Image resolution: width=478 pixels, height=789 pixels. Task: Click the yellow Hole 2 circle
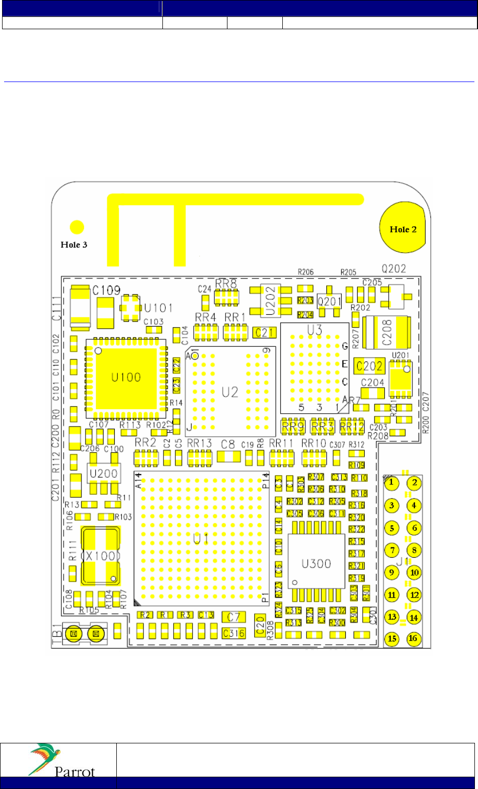pyautogui.click(x=403, y=228)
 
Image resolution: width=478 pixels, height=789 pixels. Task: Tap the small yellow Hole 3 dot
pyautogui.click(x=77, y=227)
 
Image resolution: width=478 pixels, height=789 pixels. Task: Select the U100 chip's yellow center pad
pyautogui.click(x=126, y=377)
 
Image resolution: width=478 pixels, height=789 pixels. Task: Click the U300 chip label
pyautogui.click(x=316, y=563)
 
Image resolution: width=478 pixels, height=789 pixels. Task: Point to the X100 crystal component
pyautogui.click(x=101, y=556)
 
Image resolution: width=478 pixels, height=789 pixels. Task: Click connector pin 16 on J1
pyautogui.click(x=413, y=638)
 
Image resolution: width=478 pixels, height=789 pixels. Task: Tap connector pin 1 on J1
pyautogui.click(x=391, y=482)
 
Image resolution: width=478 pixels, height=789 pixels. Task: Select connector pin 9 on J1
pyautogui.click(x=391, y=573)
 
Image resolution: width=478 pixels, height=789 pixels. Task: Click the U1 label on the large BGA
pyautogui.click(x=201, y=538)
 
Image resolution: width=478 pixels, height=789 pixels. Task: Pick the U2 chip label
pyautogui.click(x=230, y=392)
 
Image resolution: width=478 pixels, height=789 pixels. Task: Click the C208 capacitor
pyautogui.click(x=386, y=332)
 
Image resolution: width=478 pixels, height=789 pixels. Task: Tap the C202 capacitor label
pyautogui.click(x=369, y=366)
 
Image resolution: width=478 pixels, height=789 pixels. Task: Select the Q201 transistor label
pyautogui.click(x=328, y=301)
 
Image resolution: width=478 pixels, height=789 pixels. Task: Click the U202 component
pyautogui.click(x=271, y=300)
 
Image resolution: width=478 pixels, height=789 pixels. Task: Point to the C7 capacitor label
pyautogui.click(x=234, y=617)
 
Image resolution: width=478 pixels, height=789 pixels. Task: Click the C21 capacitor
pyautogui.click(x=265, y=333)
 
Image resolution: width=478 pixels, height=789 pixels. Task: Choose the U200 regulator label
pyautogui.click(x=103, y=473)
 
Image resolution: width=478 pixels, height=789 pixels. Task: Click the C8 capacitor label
pyautogui.click(x=228, y=444)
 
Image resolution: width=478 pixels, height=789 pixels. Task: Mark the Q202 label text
pyautogui.click(x=393, y=269)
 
